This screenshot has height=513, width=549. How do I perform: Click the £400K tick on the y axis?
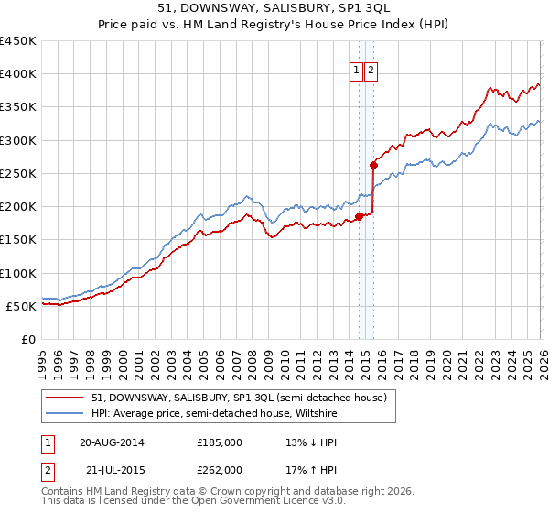coord(18,74)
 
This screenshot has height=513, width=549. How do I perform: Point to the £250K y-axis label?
coord(18,173)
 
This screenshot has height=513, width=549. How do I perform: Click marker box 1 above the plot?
coord(356,69)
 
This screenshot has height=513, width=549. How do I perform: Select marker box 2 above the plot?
coord(371,69)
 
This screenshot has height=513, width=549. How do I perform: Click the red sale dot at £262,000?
coord(373,166)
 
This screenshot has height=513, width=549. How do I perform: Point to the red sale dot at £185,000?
coord(359,217)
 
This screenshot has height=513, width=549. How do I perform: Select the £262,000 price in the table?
coord(220,469)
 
